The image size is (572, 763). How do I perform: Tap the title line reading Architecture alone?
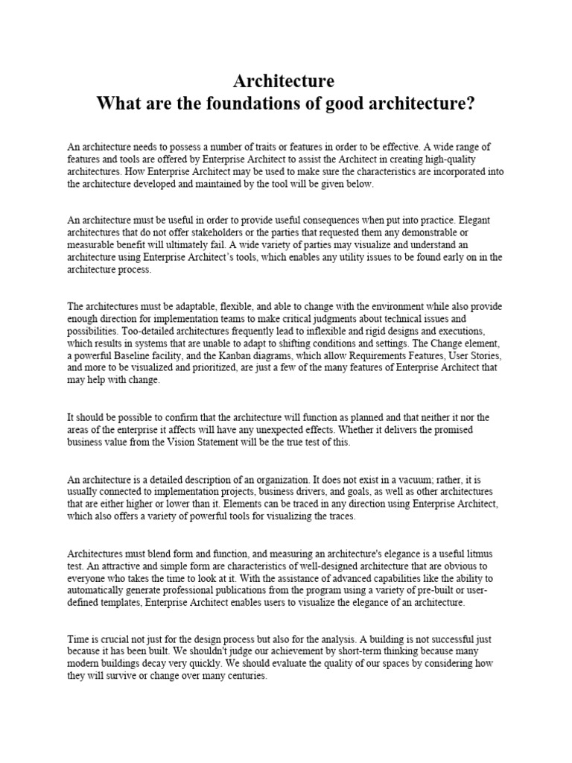tap(284, 80)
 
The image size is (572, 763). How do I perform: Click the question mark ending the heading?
tap(470, 104)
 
